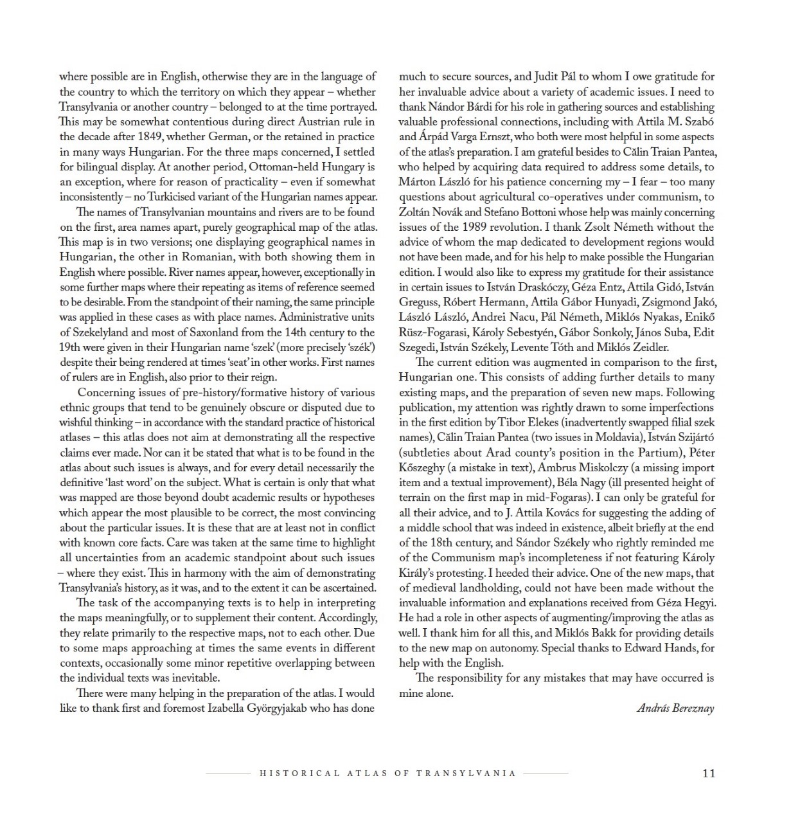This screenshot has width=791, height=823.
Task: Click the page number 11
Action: pos(708,773)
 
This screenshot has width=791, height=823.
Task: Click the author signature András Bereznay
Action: pos(675,709)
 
